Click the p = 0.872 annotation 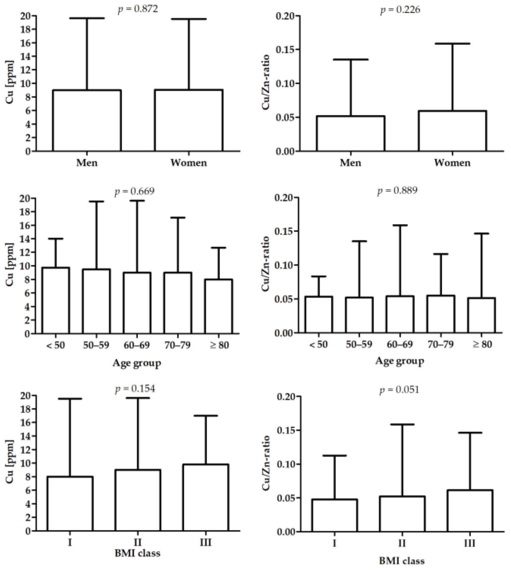(x=138, y=9)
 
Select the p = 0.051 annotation (x=399, y=390)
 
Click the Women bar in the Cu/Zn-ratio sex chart (x=452, y=131)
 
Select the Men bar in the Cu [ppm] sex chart (x=87, y=121)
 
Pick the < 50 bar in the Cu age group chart (x=56, y=301)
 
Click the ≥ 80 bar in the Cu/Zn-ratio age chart (x=481, y=315)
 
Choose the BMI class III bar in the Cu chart (x=206, y=498)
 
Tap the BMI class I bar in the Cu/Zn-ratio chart (x=334, y=516)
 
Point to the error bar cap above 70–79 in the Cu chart (x=177, y=218)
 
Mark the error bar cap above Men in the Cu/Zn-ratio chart (x=350, y=59)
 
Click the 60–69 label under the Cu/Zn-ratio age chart (x=400, y=344)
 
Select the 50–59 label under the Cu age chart (x=96, y=345)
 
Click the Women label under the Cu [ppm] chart (x=189, y=163)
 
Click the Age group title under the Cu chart (x=137, y=363)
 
